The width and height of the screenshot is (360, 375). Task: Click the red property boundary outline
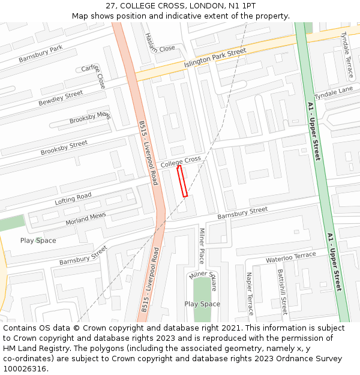point(182,181)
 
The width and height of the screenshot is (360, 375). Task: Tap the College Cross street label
point(181,161)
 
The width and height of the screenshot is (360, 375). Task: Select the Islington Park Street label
point(215,58)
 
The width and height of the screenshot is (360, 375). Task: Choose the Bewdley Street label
point(61,98)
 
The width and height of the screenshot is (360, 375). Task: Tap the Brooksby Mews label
point(90,118)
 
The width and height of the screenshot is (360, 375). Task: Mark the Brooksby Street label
point(64,148)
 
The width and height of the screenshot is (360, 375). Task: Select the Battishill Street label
point(282,292)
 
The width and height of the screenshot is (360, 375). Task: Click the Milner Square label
point(203,279)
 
